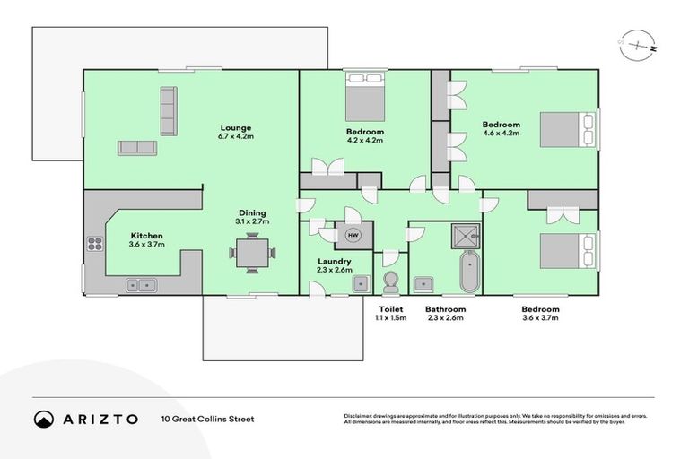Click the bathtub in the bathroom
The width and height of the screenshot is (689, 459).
point(469,273)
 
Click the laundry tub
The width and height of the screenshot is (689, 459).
point(360,284)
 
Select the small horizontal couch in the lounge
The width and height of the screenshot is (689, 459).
point(136,148)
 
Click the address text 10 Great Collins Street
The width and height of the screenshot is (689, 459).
point(207,419)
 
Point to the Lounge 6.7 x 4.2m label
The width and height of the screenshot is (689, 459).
point(234,132)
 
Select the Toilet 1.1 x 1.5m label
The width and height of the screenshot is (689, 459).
point(391,313)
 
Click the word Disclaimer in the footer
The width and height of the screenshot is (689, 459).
point(361,416)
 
